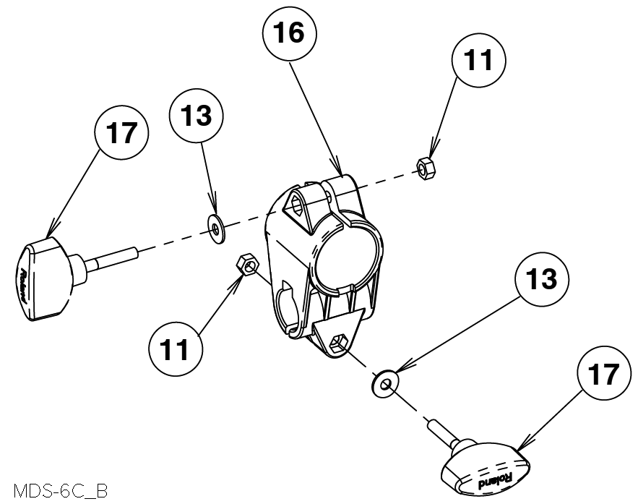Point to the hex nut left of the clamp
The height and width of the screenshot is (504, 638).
point(248,265)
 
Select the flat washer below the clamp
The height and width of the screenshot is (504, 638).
point(384,383)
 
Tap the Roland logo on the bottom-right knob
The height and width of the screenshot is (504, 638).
point(491,479)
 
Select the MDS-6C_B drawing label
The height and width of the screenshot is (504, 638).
point(59,492)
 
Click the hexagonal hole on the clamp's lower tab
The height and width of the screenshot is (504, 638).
point(337,343)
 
